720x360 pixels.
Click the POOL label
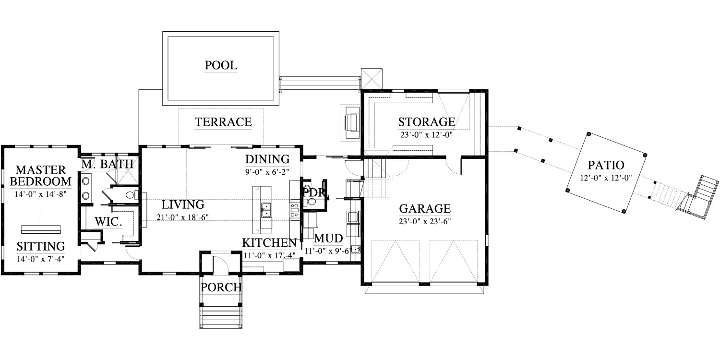221,65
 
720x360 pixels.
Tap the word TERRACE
223,122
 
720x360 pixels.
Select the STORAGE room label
427,122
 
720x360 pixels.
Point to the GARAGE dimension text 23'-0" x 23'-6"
425,221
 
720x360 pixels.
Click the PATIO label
606,165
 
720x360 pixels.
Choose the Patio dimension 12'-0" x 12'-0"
606,178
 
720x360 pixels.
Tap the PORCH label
221,287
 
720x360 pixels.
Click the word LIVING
182,205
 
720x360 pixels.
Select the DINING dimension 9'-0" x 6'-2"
267,172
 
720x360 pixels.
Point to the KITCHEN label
269,243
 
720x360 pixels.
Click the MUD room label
328,239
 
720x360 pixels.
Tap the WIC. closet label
108,221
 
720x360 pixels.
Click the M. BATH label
107,164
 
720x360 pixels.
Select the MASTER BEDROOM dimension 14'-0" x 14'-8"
40,194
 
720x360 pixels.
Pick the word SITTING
41,246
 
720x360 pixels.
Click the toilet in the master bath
132,195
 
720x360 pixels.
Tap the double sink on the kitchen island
265,210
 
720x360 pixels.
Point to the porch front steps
221,317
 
